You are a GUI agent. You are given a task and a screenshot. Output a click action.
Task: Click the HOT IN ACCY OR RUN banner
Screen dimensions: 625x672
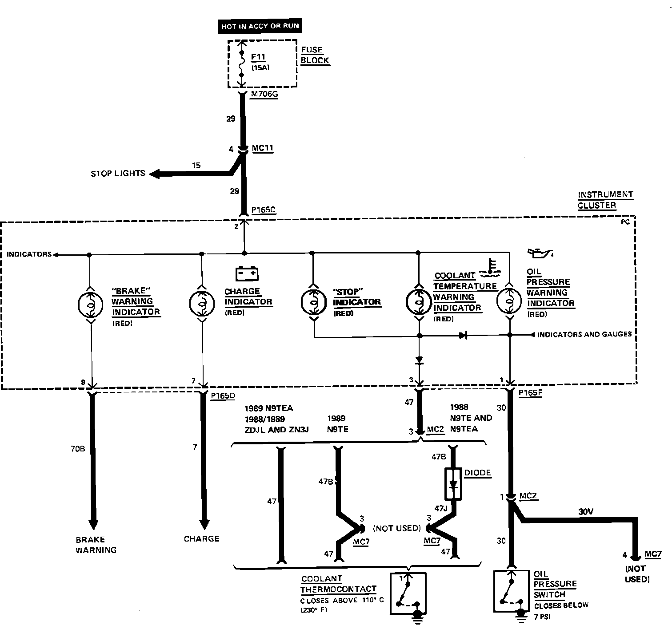click(260, 26)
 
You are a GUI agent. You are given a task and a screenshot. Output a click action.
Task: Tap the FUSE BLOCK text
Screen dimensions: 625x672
click(314, 55)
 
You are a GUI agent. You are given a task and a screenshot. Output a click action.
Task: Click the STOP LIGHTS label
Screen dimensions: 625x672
click(118, 173)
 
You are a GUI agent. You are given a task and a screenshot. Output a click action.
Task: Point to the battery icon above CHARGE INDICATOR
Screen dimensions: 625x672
click(247, 273)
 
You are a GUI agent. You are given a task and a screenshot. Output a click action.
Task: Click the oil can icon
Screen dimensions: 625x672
click(540, 253)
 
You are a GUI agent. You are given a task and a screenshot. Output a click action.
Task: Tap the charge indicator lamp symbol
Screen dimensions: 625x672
click(202, 303)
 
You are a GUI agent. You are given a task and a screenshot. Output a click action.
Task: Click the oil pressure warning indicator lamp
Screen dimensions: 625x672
click(509, 301)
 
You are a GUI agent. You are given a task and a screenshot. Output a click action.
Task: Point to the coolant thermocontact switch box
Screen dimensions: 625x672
click(408, 593)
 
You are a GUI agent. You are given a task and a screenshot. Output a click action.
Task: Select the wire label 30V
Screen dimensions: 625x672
click(585, 511)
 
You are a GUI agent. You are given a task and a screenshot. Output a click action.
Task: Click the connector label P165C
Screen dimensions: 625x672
click(264, 210)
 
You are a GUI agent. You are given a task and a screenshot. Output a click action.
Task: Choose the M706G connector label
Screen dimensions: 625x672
click(264, 95)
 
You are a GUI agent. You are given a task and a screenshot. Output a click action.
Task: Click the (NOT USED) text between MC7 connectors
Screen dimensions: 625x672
click(397, 528)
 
